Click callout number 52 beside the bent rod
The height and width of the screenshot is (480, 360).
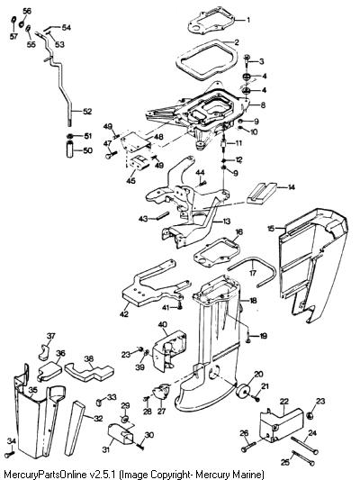[87, 111]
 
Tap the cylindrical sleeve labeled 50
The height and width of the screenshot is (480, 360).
[70, 149]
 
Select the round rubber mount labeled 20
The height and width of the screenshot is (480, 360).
[244, 390]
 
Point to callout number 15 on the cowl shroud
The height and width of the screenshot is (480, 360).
[271, 228]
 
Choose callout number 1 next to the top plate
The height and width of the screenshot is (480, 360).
[248, 20]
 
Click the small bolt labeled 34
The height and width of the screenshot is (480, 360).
[11, 453]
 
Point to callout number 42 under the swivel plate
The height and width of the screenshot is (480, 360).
[124, 314]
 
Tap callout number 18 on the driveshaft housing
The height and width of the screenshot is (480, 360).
[253, 301]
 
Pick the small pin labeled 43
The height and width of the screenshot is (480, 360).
[163, 215]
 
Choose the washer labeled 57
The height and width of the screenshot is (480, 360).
[13, 21]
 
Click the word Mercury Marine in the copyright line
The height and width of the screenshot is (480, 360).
[229, 475]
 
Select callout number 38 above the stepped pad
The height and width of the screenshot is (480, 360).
[89, 358]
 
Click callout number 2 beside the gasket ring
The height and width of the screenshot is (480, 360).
[237, 42]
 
